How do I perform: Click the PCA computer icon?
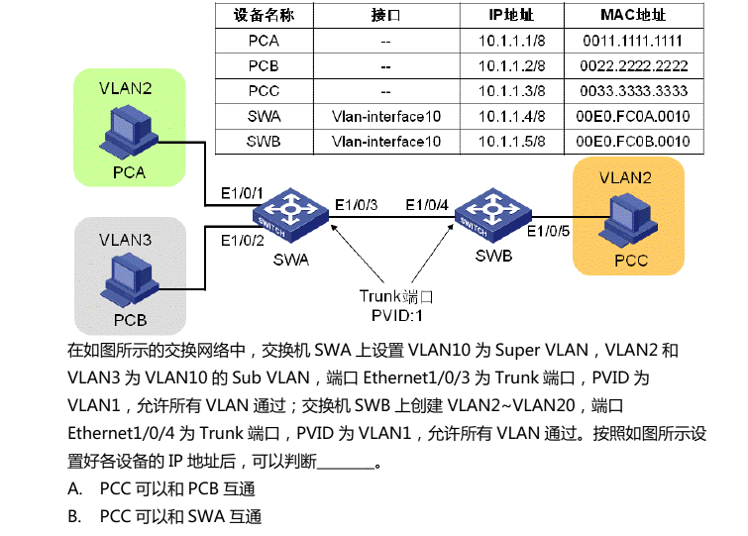click(x=129, y=132)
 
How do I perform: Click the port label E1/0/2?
click(x=242, y=240)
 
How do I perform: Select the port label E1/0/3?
click(x=356, y=205)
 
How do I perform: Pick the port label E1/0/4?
click(x=427, y=205)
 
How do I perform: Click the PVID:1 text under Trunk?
click(x=396, y=316)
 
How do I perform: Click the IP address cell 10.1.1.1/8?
click(x=511, y=41)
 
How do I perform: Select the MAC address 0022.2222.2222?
click(x=633, y=66)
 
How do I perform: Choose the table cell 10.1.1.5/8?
click(x=511, y=142)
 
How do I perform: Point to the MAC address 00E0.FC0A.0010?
click(x=633, y=117)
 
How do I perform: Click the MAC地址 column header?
click(x=633, y=16)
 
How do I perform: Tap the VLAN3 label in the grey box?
click(x=125, y=239)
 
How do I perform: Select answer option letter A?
click(x=74, y=489)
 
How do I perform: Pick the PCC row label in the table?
click(x=264, y=91)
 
